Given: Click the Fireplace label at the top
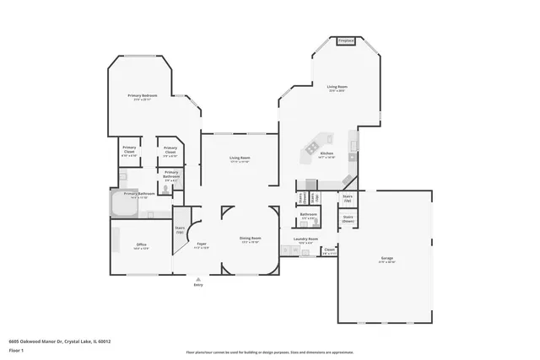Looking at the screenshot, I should pos(346,40).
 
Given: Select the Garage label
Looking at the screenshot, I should pos(386,258).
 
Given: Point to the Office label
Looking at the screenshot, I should pos(141,244).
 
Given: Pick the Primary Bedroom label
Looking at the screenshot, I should pos(141,96).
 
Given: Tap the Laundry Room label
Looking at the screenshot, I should pos(305,239).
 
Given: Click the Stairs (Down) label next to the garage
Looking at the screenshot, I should pos(348,218).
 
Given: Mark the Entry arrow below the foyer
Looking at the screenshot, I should pos(198,278).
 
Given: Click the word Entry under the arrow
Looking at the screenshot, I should pos(198,286).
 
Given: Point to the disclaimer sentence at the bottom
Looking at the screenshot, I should pos(270,352).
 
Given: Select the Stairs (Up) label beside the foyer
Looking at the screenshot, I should pos(179,229).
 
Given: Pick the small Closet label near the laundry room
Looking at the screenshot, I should pos(329,250).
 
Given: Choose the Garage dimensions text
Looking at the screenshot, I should pos(386,262).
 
